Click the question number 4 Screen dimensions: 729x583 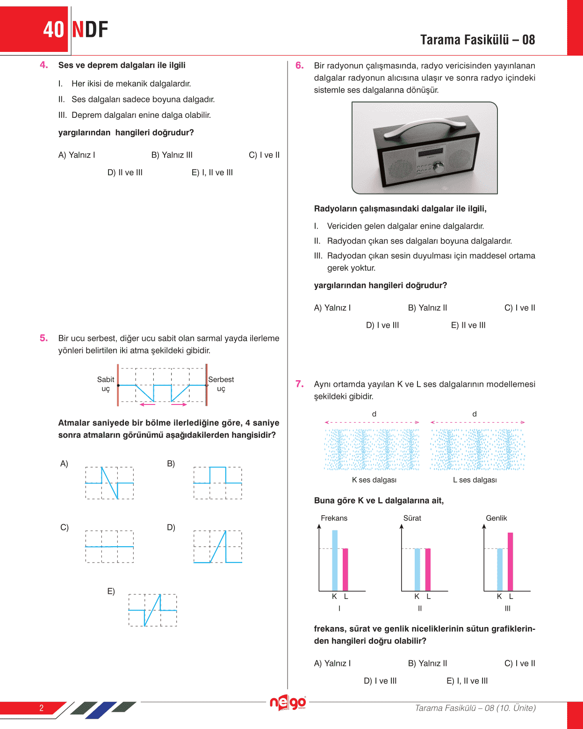coord(44,65)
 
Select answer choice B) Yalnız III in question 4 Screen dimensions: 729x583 coord(172,155)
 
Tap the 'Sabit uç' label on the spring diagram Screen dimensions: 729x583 coord(106,384)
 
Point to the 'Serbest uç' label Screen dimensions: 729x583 coord(221,384)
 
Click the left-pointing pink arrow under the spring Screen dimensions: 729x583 coord(147,404)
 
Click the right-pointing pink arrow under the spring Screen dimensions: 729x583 coord(179,404)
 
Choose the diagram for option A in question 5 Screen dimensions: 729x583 coord(109,483)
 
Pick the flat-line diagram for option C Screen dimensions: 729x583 coord(109,546)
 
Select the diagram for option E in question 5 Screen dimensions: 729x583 coord(152,610)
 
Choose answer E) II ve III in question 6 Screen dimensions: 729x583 coord(468,325)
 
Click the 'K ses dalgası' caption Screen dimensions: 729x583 coord(374,480)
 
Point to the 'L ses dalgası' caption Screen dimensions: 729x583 coord(475,480)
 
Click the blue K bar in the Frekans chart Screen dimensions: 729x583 coord(335,561)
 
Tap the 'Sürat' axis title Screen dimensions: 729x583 coord(412,518)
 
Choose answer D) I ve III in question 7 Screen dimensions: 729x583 coord(380,681)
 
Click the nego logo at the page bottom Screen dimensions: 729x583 coord(288,702)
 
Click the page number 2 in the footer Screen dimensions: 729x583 coord(41,708)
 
